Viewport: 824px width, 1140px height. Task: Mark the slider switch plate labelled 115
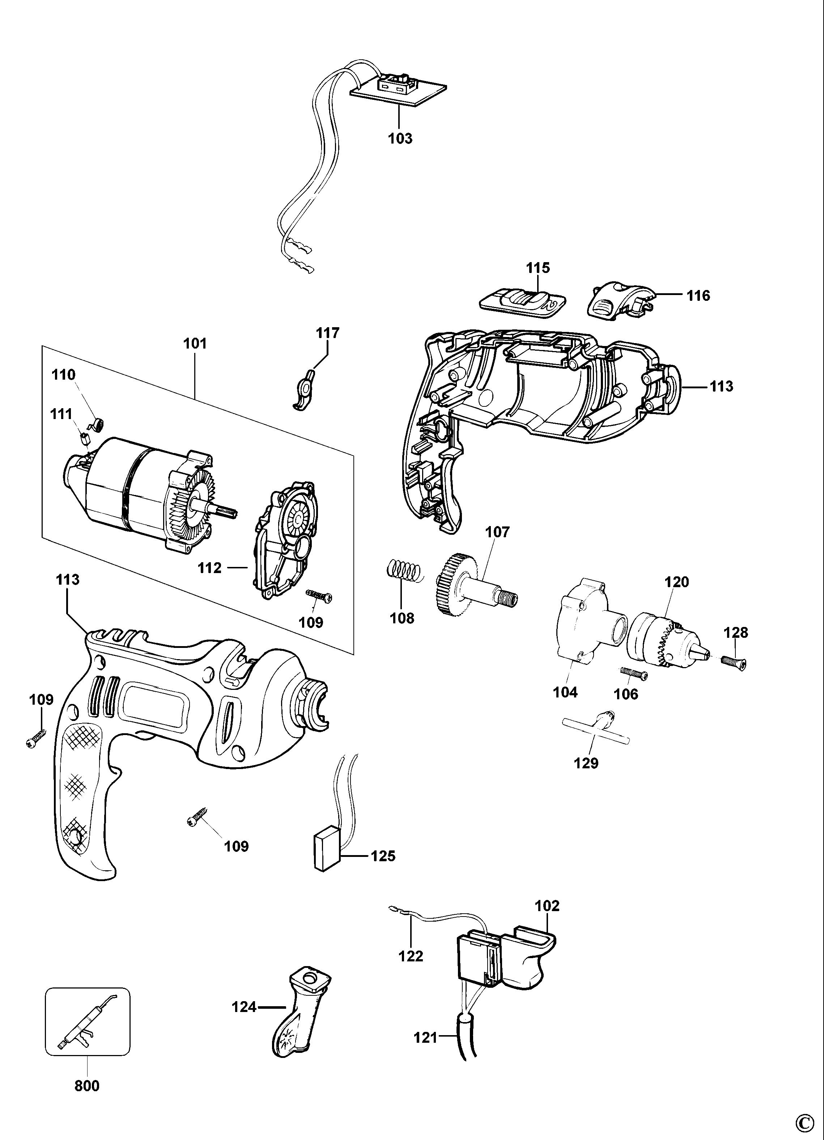point(522,303)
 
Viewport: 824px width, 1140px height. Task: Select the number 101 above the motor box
point(195,344)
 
